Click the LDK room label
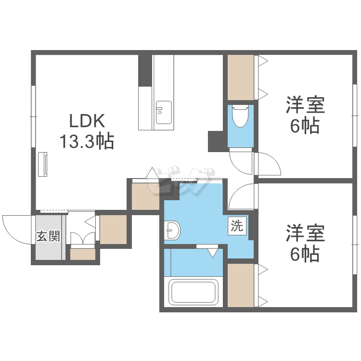pyautogui.click(x=87, y=121)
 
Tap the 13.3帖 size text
pyautogui.click(x=87, y=141)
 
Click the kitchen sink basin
pyautogui.click(x=164, y=112)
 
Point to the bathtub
pyautogui.click(x=193, y=292)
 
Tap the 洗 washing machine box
pyautogui.click(x=237, y=226)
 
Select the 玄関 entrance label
pyautogui.click(x=48, y=236)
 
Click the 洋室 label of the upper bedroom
pyautogui.click(x=305, y=105)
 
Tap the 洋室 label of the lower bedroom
pyautogui.click(x=305, y=233)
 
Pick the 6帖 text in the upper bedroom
pyautogui.click(x=305, y=126)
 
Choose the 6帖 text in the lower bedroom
pyautogui.click(x=305, y=254)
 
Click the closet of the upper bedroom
pyautogui.click(x=241, y=77)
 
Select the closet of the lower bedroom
pyautogui.click(x=241, y=285)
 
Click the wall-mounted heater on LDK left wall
pyautogui.click(x=42, y=164)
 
